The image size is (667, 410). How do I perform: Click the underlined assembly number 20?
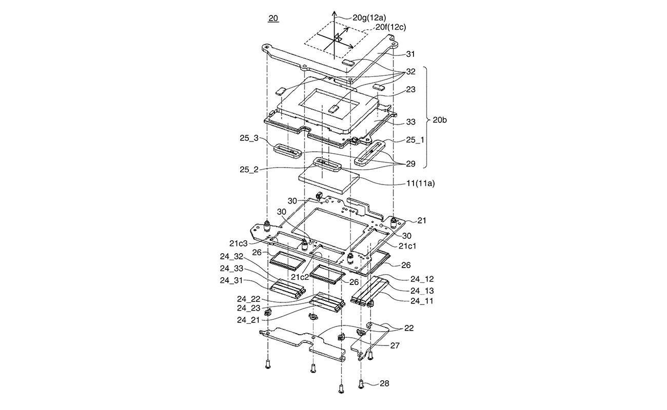tap(273, 18)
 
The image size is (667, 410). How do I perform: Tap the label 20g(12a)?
tap(369, 17)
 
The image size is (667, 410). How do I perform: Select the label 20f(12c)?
tap(390, 27)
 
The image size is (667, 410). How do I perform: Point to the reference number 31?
tap(410, 54)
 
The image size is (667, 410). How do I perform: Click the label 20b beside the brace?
tap(440, 120)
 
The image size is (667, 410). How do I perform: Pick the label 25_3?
tap(249, 138)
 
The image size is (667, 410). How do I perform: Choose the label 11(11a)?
tap(420, 183)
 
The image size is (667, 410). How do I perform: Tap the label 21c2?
tap(300, 277)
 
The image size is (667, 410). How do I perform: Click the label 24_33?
tap(231, 269)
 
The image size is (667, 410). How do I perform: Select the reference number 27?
tap(395, 345)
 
